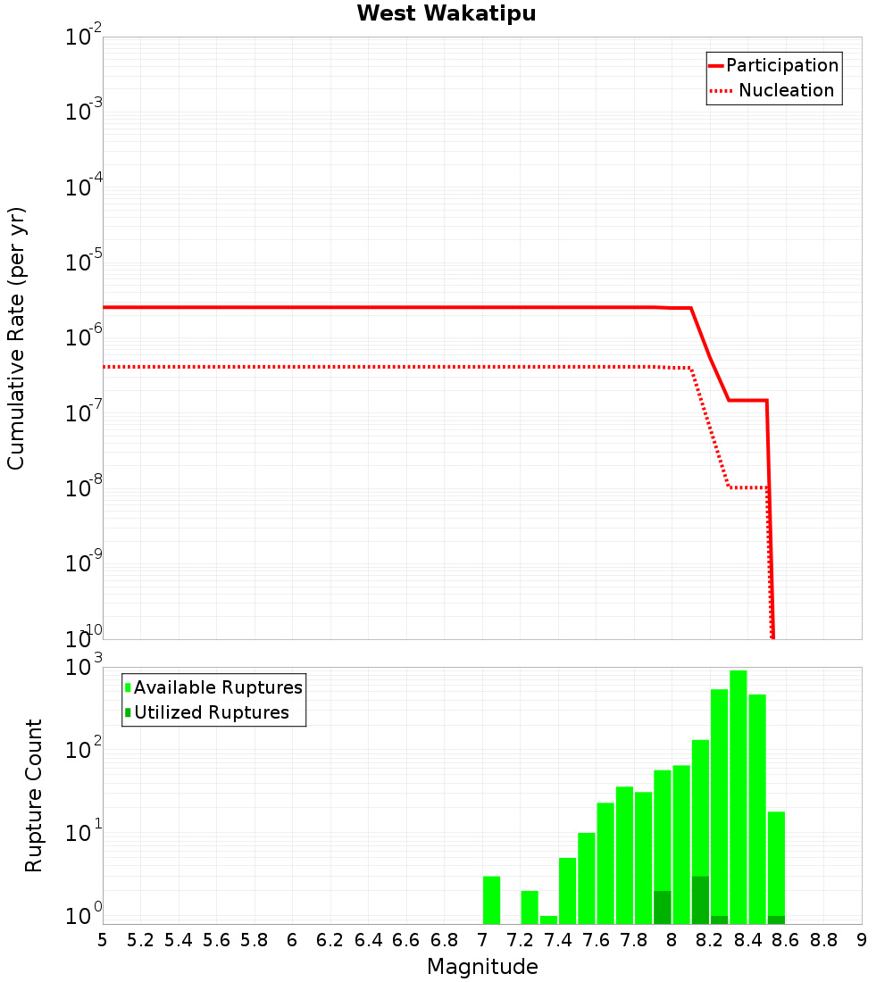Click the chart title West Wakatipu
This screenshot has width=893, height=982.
pyautogui.click(x=446, y=14)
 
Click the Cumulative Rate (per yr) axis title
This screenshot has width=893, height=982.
pyautogui.click(x=16, y=338)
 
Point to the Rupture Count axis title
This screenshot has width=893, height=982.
pyautogui.click(x=34, y=795)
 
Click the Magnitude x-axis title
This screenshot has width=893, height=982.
pyautogui.click(x=482, y=967)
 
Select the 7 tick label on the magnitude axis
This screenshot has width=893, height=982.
pyautogui.click(x=482, y=940)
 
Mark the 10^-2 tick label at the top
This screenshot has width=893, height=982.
pyautogui.click(x=85, y=37)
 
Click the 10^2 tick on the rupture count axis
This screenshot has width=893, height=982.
pyautogui.click(x=85, y=750)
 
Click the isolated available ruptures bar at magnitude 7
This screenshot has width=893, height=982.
pyautogui.click(x=491, y=900)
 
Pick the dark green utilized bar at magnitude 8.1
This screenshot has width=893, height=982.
pyautogui.click(x=700, y=900)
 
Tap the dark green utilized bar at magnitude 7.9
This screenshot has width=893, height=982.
pyautogui.click(x=663, y=907)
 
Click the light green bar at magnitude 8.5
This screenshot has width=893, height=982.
pyautogui.click(x=757, y=809)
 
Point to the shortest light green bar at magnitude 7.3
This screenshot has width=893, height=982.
pyautogui.click(x=548, y=920)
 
